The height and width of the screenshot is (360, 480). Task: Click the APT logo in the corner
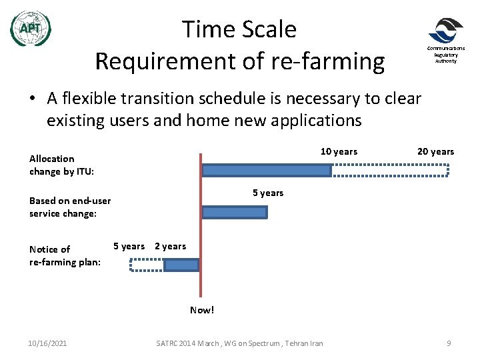(31, 29)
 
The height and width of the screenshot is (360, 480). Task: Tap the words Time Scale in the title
(239, 29)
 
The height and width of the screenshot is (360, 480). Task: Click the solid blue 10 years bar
(266, 171)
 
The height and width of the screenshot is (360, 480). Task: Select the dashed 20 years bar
(391, 171)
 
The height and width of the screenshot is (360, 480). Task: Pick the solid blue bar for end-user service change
(234, 212)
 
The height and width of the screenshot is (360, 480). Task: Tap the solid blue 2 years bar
(181, 265)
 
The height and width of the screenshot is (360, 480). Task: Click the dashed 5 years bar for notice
(147, 265)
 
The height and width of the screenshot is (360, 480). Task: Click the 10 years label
(339, 151)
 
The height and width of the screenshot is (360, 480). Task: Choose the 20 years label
(435, 151)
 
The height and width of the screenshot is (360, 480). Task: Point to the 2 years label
(170, 246)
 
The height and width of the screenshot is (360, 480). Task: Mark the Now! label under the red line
(202, 310)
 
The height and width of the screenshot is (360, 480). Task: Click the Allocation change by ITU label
(61, 165)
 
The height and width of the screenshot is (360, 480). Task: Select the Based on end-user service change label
(70, 207)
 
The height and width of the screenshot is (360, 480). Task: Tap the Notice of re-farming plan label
(65, 255)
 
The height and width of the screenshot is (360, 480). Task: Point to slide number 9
(449, 343)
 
